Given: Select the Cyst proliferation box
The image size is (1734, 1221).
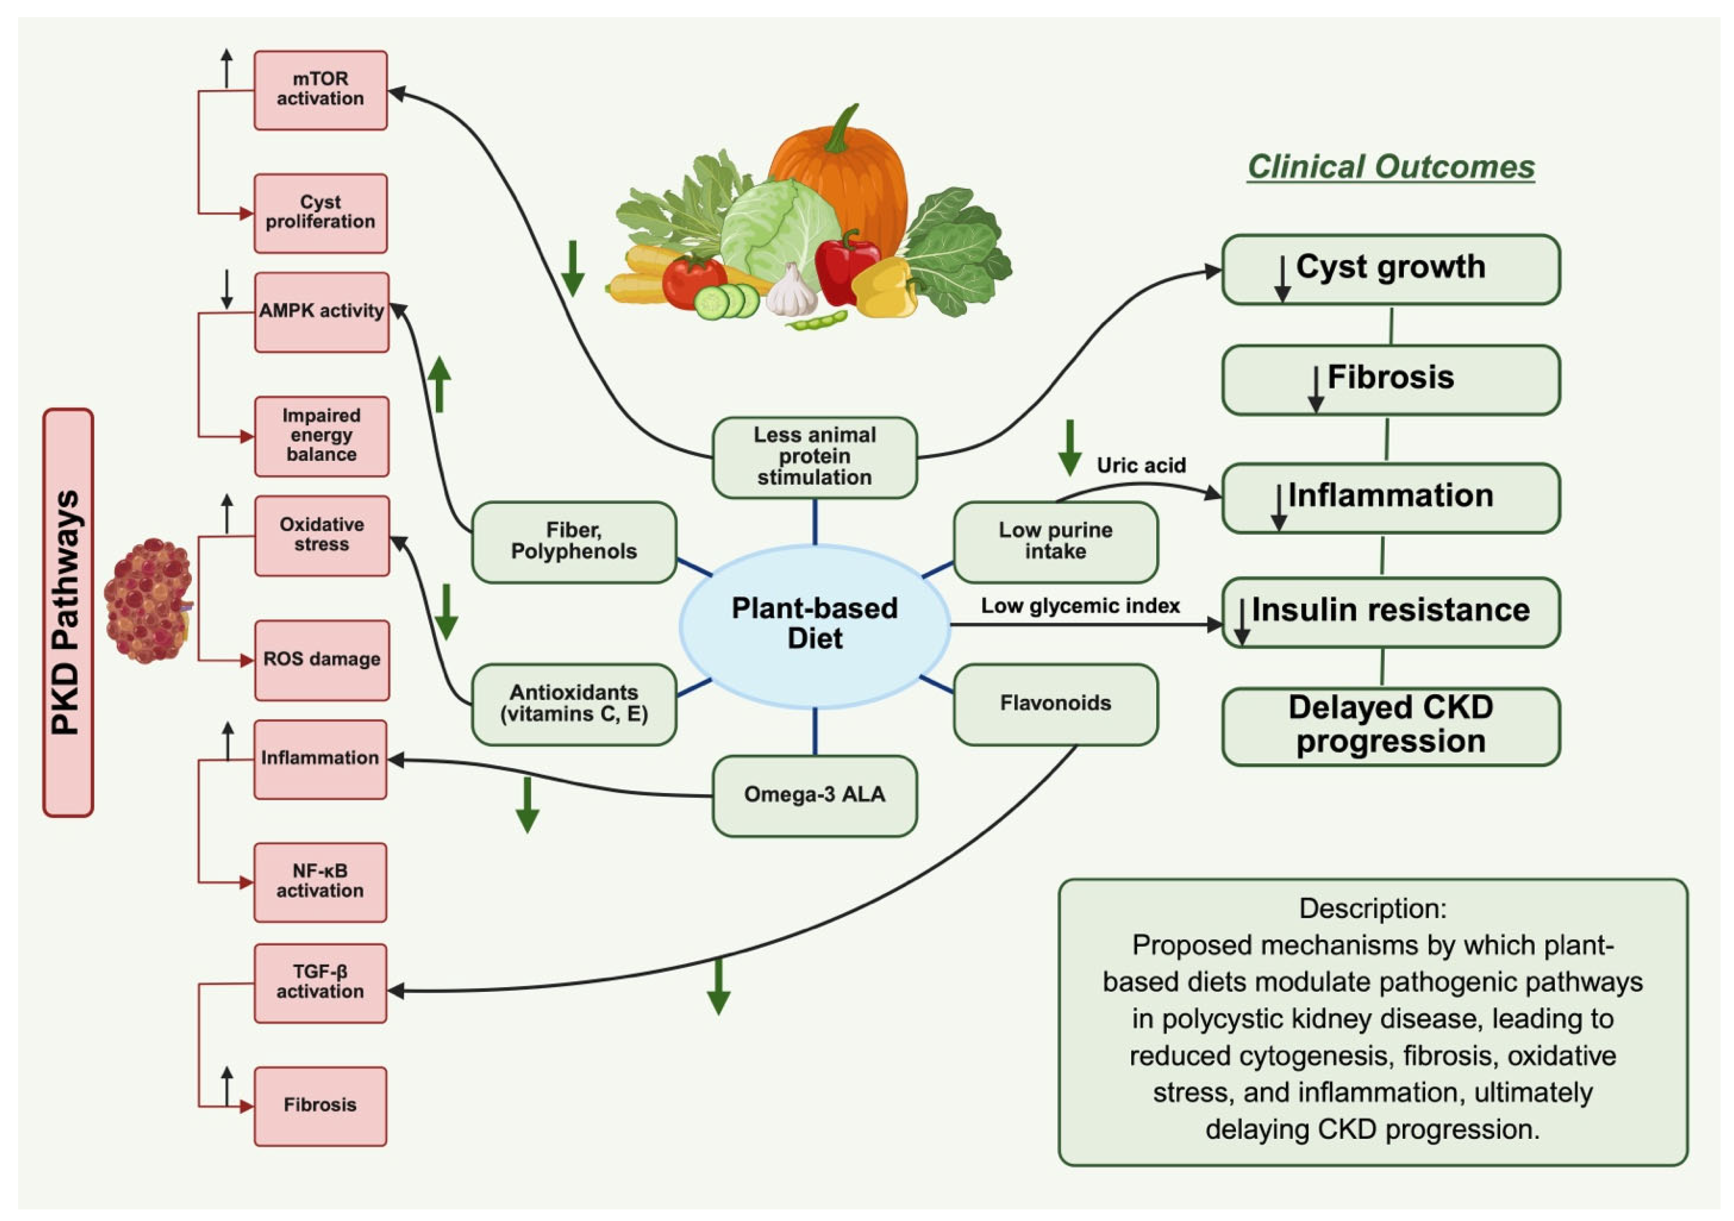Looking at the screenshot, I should tap(320, 213).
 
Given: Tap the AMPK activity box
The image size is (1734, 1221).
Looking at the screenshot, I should tap(322, 312).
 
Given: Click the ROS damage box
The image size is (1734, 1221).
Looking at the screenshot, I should tap(322, 660).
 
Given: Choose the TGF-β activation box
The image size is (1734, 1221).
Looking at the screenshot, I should tap(320, 982).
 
